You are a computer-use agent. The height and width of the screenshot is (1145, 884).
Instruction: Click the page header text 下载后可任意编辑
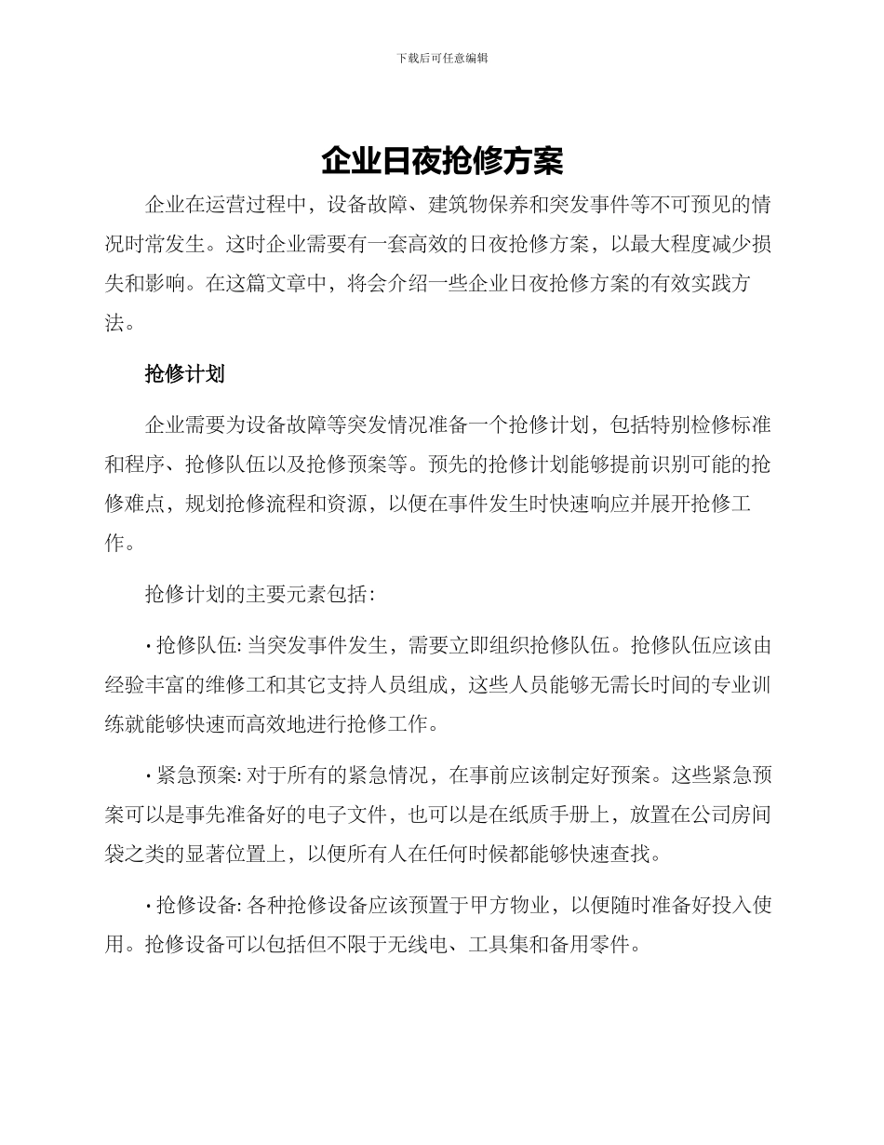(442, 58)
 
